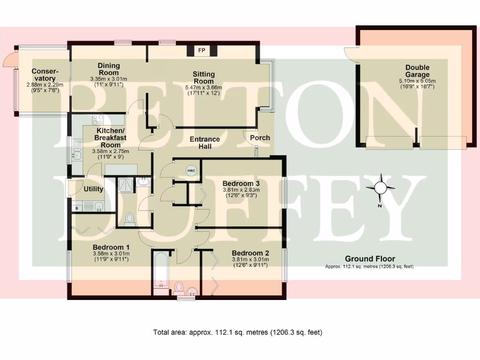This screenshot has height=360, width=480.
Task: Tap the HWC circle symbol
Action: coord(191,171)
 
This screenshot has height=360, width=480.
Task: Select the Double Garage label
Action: coord(417,71)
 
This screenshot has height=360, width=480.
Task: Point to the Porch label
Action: coord(260,138)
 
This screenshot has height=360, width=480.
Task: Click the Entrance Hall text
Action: coord(205,143)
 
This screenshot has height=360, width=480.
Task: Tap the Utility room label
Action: coord(93,189)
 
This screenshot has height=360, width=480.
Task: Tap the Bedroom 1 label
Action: coord(111,247)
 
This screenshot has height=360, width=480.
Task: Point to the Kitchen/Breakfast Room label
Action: coord(109,138)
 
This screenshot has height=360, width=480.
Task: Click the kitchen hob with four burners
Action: coord(97,120)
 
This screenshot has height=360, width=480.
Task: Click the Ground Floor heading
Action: coord(370,259)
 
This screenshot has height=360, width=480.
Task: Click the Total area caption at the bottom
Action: coord(238,332)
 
